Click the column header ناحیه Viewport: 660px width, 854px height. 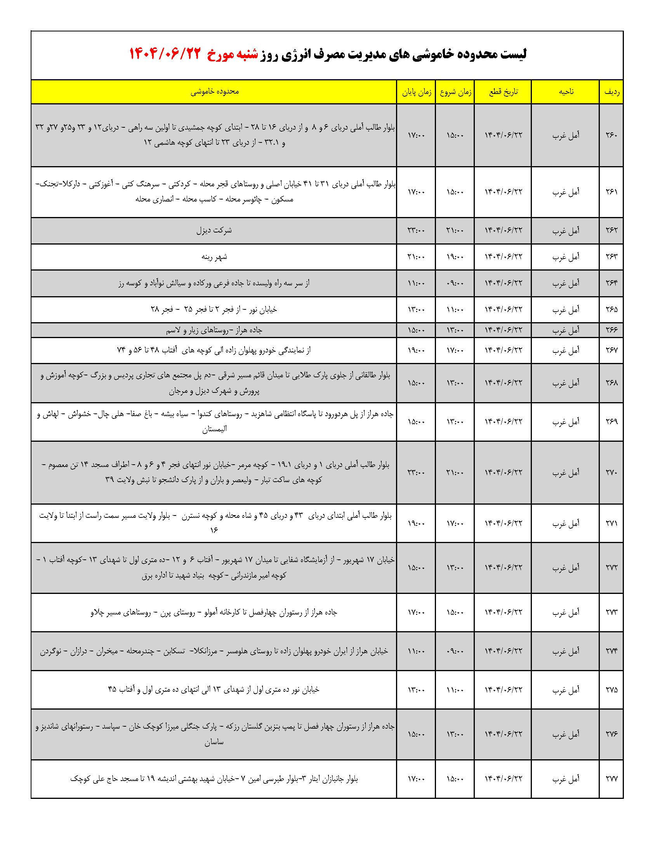[x=565, y=92]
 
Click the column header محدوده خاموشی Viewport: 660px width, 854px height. [x=214, y=92]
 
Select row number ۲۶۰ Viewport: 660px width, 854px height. [x=611, y=135]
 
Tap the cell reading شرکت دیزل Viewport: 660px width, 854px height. [x=214, y=230]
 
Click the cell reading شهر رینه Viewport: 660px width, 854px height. [x=214, y=257]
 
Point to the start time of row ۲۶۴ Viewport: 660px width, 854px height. [x=455, y=283]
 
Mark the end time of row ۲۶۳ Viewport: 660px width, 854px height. [x=416, y=257]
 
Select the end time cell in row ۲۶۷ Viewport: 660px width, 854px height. [x=416, y=351]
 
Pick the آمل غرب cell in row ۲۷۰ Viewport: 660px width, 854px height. [x=565, y=472]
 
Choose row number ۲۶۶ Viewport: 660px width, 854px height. [x=611, y=330]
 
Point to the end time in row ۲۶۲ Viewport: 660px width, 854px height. [x=416, y=230]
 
